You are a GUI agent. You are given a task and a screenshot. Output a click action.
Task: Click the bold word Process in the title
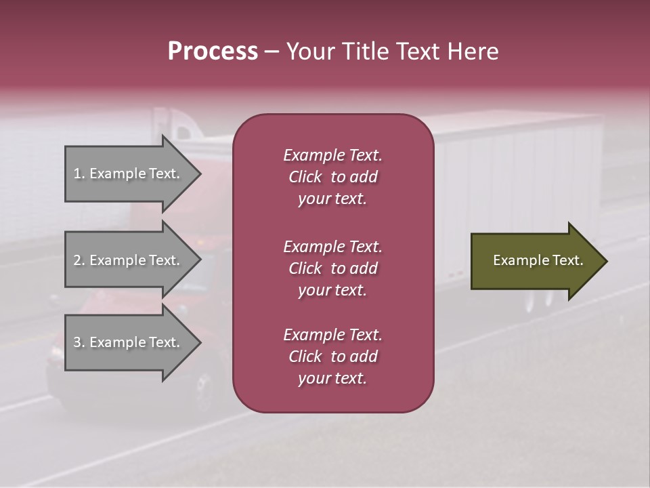213,52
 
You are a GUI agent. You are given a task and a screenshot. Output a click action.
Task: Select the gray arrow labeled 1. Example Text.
129,174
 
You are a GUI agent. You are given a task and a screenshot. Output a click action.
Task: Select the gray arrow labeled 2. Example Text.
129,260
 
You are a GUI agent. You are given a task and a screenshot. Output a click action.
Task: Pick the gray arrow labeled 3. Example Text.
129,342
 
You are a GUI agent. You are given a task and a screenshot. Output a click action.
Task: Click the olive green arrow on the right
535,261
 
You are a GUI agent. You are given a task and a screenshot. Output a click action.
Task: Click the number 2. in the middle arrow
79,260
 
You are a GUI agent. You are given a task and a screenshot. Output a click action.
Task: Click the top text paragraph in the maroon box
332,177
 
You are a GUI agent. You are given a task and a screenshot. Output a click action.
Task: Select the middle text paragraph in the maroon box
332,268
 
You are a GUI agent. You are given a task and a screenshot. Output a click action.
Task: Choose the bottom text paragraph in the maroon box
332,357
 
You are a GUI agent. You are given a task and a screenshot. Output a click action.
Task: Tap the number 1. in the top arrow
79,174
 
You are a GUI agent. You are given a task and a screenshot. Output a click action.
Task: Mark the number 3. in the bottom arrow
79,342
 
